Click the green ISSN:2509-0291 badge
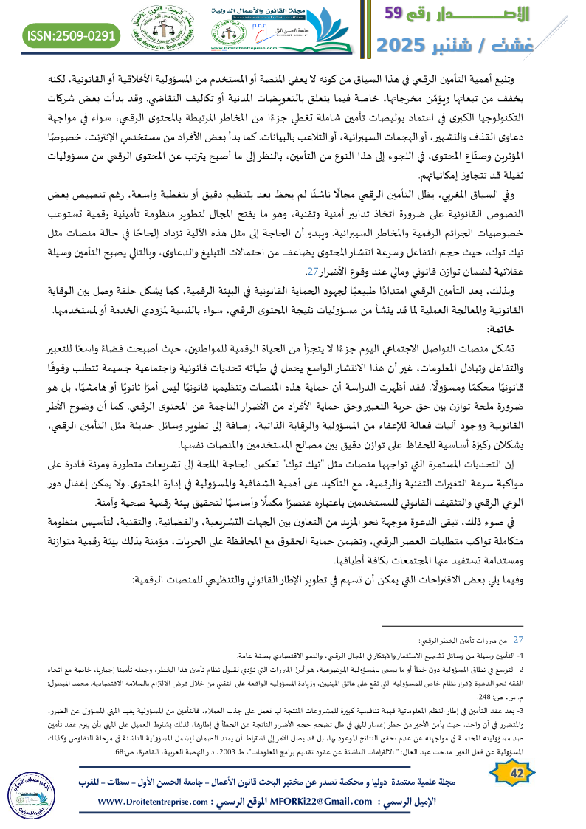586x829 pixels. (x=72, y=35)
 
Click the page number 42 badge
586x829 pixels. (x=516, y=772)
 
